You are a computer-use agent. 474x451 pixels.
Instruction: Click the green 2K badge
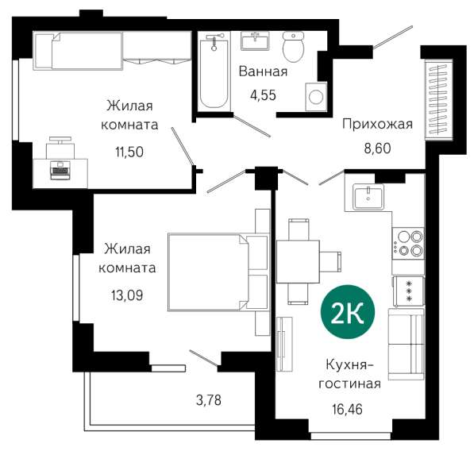(348, 312)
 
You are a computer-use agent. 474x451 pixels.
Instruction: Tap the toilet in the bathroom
(293, 47)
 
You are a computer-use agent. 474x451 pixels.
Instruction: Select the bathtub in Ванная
(214, 71)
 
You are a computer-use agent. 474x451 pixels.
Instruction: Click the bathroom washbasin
(255, 41)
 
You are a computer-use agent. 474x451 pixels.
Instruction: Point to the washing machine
(316, 96)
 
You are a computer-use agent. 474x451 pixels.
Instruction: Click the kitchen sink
(369, 196)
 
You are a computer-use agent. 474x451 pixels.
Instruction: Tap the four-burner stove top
(408, 243)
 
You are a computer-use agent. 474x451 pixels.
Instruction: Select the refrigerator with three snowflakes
(408, 291)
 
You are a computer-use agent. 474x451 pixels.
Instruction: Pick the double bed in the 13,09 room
(218, 272)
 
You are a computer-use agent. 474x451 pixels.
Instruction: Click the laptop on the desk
(60, 170)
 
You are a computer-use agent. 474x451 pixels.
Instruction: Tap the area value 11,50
(129, 152)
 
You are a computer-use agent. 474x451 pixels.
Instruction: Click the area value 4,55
(263, 95)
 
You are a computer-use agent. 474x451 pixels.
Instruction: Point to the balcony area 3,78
(209, 400)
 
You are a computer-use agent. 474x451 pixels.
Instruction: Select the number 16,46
(347, 410)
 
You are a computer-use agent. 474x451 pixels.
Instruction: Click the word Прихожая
(377, 124)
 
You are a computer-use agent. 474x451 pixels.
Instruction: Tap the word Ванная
(263, 71)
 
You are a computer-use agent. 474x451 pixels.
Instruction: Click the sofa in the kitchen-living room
(406, 344)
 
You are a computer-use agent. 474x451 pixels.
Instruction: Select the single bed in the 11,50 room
(78, 51)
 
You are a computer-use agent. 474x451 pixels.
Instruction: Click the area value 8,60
(377, 148)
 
